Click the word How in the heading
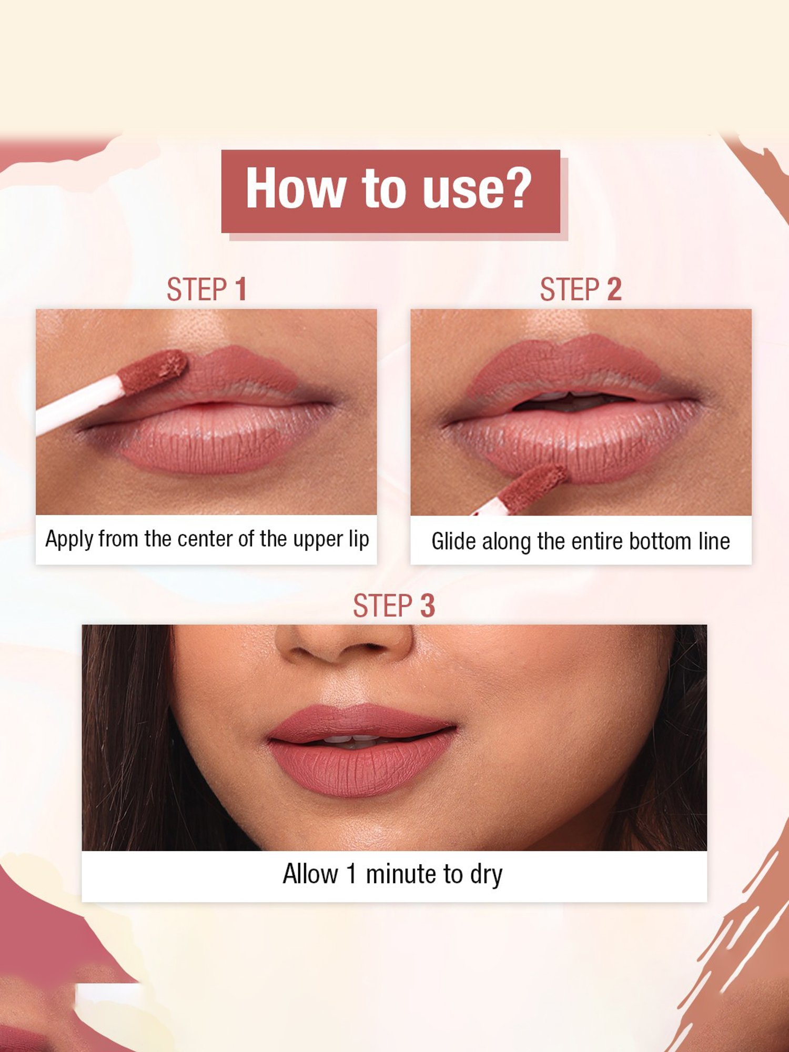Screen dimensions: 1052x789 pyautogui.click(x=294, y=188)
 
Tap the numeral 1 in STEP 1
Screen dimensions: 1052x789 pyautogui.click(x=240, y=289)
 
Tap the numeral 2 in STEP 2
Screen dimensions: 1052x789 pyautogui.click(x=614, y=289)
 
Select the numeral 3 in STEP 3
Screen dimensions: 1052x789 pyautogui.click(x=427, y=605)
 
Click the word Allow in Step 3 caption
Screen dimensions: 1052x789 pyautogui.click(x=310, y=874)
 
